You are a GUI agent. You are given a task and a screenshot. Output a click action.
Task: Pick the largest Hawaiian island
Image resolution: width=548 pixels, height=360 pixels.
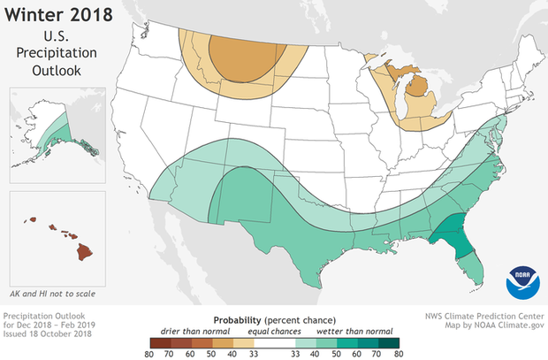click(x=84, y=251)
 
